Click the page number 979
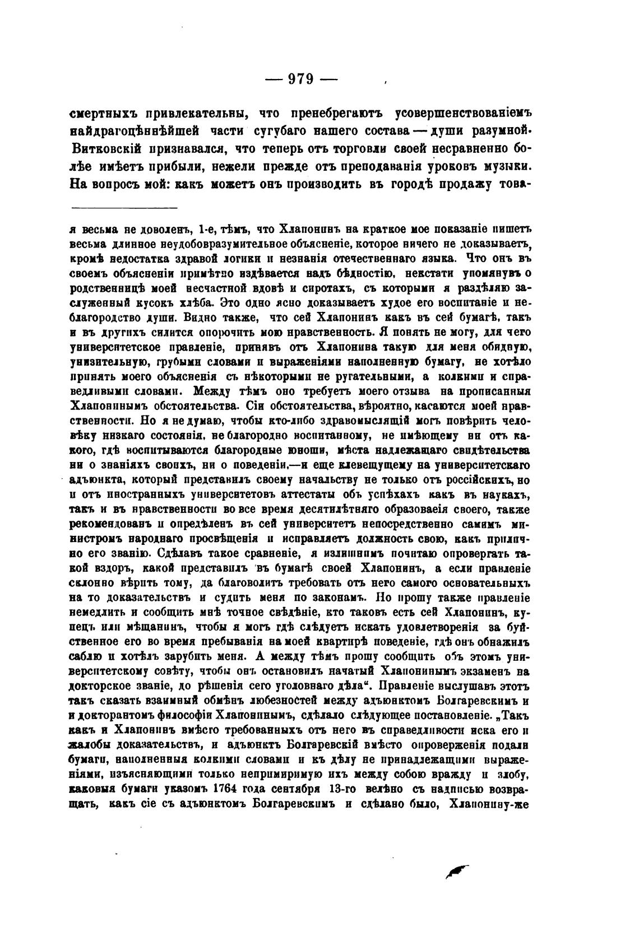tap(300, 79)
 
